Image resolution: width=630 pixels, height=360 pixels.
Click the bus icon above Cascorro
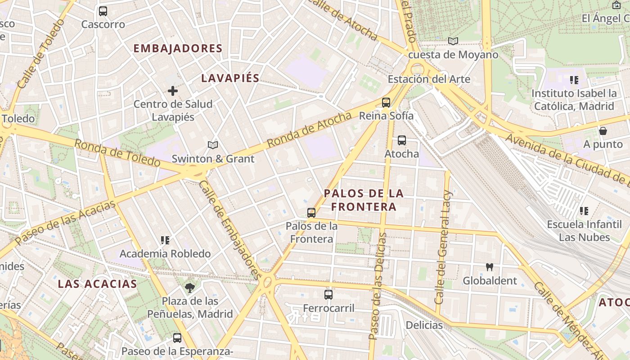point(103,11)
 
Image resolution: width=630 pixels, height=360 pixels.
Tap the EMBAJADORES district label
point(178,49)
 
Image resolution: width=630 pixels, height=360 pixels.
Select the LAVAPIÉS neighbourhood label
point(230,78)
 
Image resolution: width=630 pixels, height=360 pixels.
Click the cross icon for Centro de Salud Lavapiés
point(173,91)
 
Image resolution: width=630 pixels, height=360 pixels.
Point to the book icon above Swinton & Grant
point(213,145)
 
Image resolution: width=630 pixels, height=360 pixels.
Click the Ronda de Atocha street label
point(309,130)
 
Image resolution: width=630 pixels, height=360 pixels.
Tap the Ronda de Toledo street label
point(117,153)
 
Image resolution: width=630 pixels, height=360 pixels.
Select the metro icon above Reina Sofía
point(386,103)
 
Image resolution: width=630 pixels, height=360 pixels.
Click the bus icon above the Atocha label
point(402,140)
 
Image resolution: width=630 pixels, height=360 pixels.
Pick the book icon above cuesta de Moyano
point(453,41)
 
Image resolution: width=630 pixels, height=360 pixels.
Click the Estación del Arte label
point(429,80)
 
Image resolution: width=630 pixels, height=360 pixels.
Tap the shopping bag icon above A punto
point(603,131)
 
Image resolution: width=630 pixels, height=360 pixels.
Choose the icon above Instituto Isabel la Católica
point(574,80)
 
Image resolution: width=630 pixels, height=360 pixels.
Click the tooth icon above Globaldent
point(490,267)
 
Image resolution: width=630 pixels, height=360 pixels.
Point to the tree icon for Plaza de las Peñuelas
point(190,288)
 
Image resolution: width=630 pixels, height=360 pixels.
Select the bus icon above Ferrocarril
point(328,295)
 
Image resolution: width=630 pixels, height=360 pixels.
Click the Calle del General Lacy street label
point(443,247)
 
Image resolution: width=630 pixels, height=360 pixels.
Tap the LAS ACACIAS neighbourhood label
point(97,284)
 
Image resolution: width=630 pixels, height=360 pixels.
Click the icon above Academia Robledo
point(165,240)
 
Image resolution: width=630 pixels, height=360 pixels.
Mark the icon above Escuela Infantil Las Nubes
point(584,211)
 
